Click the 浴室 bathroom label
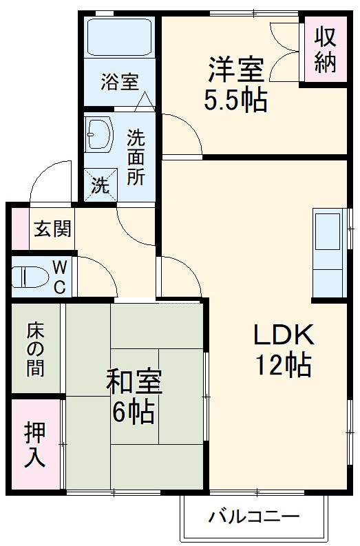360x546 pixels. coord(119,82)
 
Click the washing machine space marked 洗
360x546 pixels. coord(100,185)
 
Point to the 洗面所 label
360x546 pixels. coord(136,157)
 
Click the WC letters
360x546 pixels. coord(60,276)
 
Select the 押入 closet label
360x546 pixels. coord(35,443)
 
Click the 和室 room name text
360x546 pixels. coord(134,382)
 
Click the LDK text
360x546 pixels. coord(284,335)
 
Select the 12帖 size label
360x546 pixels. coord(284,365)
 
